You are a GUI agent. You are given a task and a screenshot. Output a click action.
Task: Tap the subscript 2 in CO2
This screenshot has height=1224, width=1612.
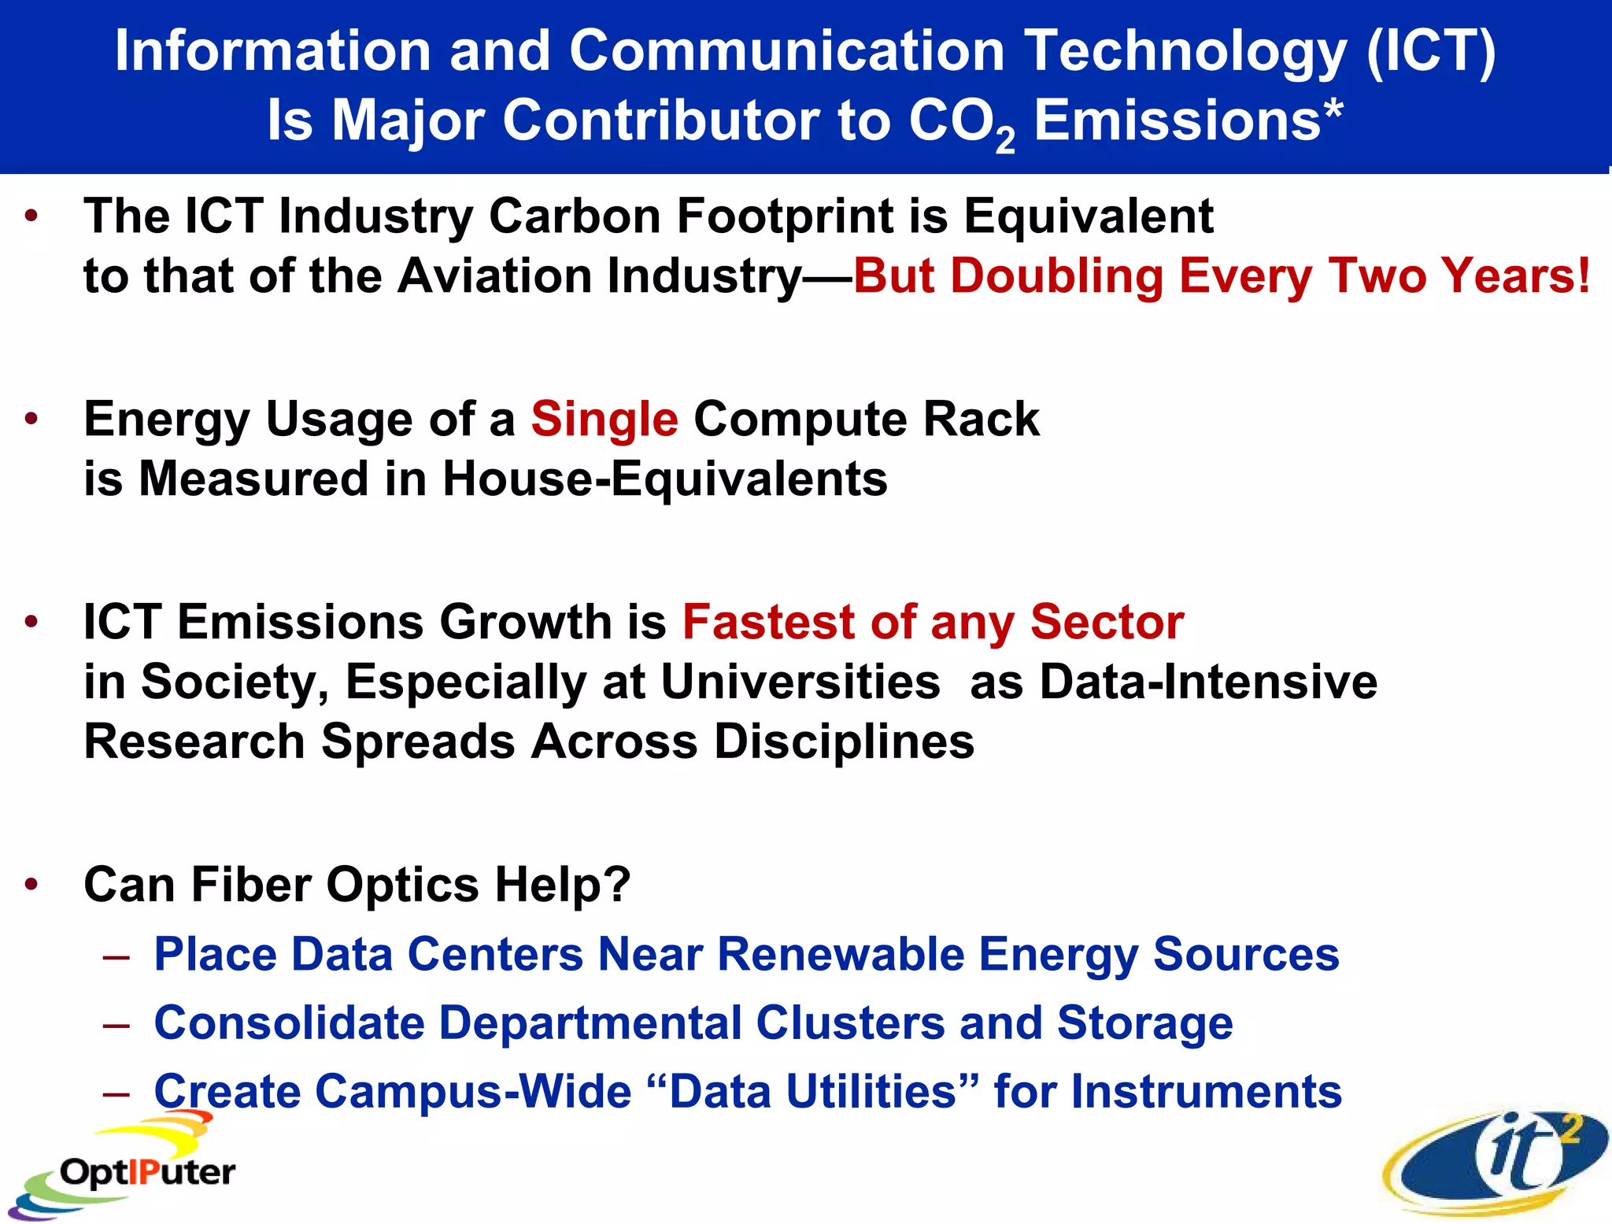click(x=1004, y=141)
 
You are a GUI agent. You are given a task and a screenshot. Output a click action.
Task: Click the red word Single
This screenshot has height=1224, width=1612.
click(x=604, y=419)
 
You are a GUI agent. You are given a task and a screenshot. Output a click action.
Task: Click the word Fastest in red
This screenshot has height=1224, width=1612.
click(x=767, y=622)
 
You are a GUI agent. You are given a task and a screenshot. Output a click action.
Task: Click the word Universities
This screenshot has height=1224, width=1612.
click(x=800, y=682)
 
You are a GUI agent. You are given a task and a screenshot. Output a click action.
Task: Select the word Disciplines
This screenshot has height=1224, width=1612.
click(x=844, y=741)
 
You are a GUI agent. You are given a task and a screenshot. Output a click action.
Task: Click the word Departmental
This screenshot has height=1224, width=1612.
click(x=590, y=1022)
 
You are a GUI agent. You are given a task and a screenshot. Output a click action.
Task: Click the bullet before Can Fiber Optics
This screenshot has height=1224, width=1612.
click(x=31, y=885)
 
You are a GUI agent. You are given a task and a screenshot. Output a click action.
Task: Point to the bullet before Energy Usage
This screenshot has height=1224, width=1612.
click(x=31, y=419)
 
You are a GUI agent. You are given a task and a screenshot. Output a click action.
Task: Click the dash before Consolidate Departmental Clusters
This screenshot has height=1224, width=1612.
click(x=116, y=1026)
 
